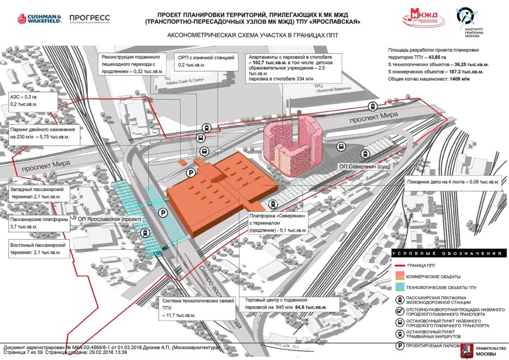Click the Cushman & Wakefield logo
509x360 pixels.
(37, 18)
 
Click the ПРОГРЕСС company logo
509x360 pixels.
(89, 18)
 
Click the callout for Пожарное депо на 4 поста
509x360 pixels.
(453, 182)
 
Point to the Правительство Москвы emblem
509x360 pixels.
(464, 351)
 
